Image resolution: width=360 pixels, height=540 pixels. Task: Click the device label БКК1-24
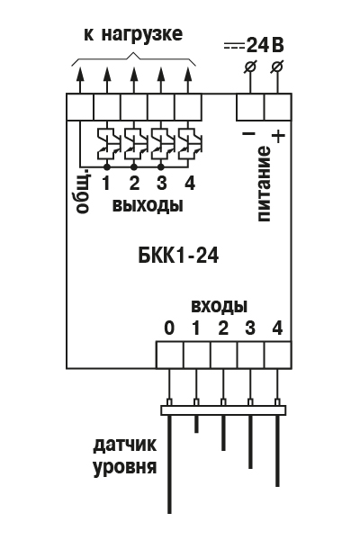[178, 256]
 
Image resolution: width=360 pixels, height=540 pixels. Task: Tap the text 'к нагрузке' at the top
[133, 34]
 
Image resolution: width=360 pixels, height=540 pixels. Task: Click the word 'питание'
[264, 184]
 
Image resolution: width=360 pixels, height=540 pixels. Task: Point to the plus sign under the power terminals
[278, 136]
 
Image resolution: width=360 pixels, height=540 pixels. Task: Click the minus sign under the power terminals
[248, 133]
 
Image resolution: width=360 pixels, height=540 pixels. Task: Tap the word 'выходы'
[148, 205]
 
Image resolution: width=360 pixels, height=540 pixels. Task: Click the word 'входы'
[220, 305]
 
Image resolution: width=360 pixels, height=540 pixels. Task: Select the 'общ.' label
[84, 191]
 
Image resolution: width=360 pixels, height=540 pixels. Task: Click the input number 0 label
[169, 328]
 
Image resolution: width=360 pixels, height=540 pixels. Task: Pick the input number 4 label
[277, 328]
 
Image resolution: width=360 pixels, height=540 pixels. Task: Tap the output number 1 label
[106, 183]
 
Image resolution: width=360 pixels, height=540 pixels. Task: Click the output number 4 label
[190, 183]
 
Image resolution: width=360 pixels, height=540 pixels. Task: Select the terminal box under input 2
[224, 355]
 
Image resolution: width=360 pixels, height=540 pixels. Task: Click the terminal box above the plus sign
[278, 107]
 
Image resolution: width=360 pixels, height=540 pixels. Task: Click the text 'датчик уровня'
[125, 456]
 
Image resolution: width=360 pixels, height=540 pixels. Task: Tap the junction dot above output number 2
[134, 167]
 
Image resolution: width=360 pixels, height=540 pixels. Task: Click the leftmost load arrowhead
[80, 74]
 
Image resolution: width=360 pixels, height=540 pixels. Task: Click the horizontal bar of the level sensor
[223, 410]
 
